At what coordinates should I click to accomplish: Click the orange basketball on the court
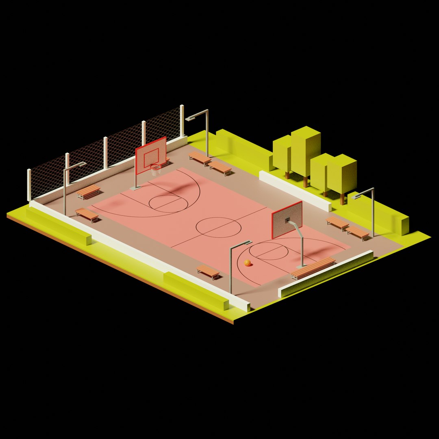[247, 263]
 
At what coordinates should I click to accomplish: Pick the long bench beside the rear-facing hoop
[313, 268]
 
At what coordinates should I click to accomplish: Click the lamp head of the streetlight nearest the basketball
[246, 243]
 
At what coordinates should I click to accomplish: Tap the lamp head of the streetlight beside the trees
[358, 196]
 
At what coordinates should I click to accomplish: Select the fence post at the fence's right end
[182, 121]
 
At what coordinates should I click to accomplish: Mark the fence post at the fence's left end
[29, 185]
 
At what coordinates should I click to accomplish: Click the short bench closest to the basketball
[208, 271]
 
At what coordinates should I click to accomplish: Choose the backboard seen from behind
[287, 219]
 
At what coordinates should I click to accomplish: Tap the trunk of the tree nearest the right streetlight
[342, 199]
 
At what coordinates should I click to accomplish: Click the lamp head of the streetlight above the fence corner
[191, 118]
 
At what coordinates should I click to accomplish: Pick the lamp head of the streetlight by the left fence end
[80, 164]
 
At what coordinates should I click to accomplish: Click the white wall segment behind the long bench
[325, 274]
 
